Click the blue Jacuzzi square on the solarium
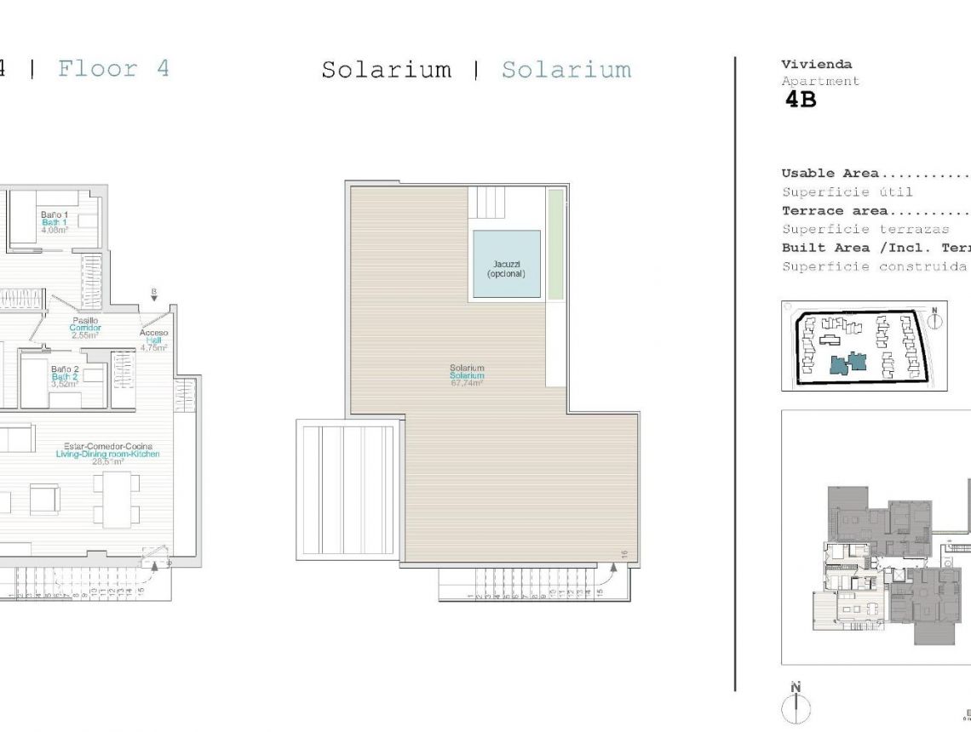[506, 264]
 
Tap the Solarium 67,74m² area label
[467, 375]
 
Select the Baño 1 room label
[54, 222]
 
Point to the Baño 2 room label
[65, 375]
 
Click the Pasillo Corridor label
[85, 328]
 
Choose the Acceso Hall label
[154, 340]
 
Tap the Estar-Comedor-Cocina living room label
[107, 454]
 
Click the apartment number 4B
[801, 100]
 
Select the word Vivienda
[816, 65]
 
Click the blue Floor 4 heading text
[113, 69]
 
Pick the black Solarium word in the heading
[386, 70]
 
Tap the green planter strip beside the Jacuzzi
[555, 244]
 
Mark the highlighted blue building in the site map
[847, 363]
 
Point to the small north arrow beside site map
[934, 319]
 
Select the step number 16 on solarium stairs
[624, 554]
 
